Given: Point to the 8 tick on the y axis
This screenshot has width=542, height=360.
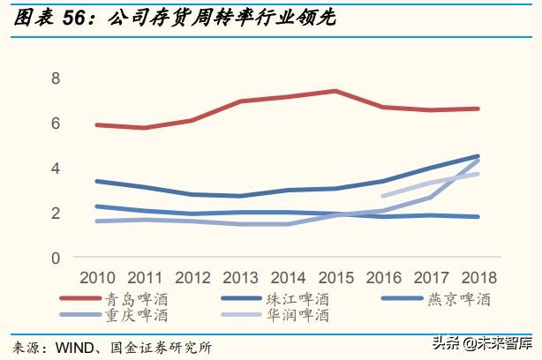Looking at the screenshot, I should pos(55,78).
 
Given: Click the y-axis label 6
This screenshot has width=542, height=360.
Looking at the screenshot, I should pos(55,123).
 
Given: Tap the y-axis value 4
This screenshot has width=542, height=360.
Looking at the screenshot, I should pos(55,168).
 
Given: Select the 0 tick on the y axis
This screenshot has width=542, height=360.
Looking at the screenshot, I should pos(55,258).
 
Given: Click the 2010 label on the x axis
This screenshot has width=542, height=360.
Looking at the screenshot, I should pos(97,277).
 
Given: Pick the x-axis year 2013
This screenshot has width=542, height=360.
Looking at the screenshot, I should pos(240,277).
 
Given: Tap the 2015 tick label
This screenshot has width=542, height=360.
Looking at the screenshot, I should pos(335,277).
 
